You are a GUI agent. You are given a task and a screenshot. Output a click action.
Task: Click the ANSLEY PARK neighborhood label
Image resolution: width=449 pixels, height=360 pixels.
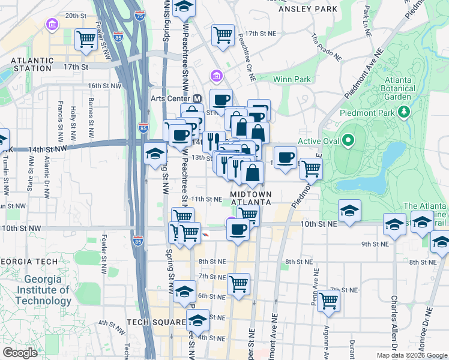click(x=307, y=10)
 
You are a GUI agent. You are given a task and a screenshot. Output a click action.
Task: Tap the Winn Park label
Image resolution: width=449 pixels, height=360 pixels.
click(x=292, y=79)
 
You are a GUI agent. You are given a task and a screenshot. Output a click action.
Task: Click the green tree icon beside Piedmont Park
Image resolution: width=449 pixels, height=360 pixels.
click(x=405, y=111)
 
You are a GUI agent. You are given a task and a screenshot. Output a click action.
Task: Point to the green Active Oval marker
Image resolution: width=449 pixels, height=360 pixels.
click(x=348, y=142)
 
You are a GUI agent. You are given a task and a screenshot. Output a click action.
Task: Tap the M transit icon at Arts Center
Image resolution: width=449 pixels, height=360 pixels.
click(x=197, y=98)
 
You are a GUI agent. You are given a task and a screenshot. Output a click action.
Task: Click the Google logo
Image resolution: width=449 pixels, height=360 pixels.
click(x=20, y=352)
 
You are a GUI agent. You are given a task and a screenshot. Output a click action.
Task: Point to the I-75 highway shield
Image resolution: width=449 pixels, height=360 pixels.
click(x=139, y=16)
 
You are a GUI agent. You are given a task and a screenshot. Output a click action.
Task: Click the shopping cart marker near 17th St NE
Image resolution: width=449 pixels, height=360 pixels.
click(x=223, y=35)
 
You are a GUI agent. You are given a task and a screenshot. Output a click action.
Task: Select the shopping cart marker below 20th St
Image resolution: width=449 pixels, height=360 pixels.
click(x=86, y=39)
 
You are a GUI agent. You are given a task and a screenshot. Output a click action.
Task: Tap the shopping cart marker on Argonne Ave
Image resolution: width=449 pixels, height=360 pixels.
click(x=328, y=300)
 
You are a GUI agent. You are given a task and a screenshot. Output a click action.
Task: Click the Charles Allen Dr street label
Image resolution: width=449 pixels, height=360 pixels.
click(x=394, y=322)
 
